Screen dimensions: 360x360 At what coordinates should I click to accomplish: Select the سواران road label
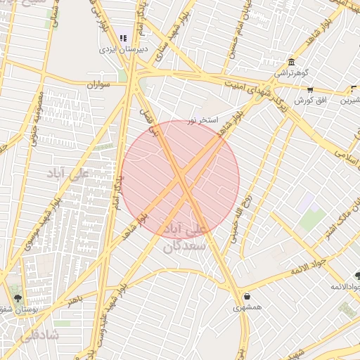pyautogui.click(x=100, y=84)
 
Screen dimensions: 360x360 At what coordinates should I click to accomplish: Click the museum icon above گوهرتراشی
pyautogui.click(x=291, y=61)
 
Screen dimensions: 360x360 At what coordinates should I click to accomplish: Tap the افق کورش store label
pyautogui.click(x=308, y=101)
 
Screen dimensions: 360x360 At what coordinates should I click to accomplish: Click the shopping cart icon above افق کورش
pyautogui.click(x=310, y=90)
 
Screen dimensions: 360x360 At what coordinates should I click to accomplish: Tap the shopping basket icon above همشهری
pyautogui.click(x=247, y=296)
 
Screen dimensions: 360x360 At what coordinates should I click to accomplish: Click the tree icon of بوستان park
pyautogui.click(x=18, y=297)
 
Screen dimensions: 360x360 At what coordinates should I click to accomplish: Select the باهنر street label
pyautogui.click(x=75, y=300)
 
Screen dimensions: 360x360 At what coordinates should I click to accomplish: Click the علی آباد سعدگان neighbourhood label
pyautogui.click(x=185, y=238)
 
